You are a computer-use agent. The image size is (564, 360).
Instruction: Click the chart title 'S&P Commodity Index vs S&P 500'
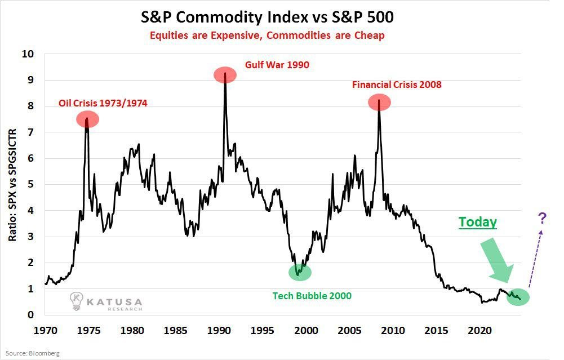(267, 17)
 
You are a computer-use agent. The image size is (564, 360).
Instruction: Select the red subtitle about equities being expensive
(267, 35)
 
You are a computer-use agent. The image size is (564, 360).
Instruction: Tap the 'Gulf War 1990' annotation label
(277, 65)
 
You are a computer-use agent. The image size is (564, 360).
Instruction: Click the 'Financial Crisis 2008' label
(397, 85)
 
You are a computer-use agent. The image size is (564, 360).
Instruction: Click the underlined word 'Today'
(477, 222)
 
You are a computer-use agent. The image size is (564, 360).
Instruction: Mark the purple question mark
(542, 217)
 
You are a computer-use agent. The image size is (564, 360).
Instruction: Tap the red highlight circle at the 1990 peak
(225, 74)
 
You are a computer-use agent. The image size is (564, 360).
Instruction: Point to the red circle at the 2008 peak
(379, 102)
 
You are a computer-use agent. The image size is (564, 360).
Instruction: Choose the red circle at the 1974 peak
(87, 119)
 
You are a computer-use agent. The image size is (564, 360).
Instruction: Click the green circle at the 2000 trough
(300, 272)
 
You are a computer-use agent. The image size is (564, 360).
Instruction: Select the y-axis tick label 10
(27, 54)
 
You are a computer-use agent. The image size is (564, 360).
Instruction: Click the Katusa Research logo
(105, 303)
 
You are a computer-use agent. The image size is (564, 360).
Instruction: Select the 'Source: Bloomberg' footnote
(33, 353)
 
